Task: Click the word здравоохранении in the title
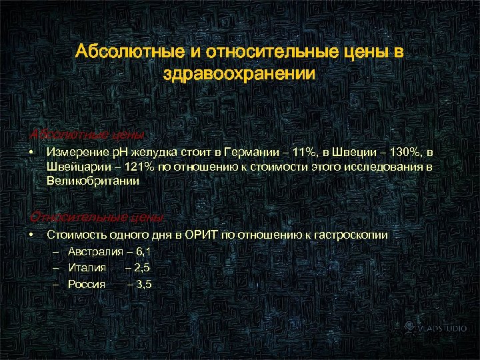point(239,73)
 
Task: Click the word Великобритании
point(93,181)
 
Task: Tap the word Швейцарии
point(74,167)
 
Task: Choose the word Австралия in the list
point(95,252)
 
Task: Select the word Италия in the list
point(87,267)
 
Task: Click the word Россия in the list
point(87,284)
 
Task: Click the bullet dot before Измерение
point(31,153)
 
